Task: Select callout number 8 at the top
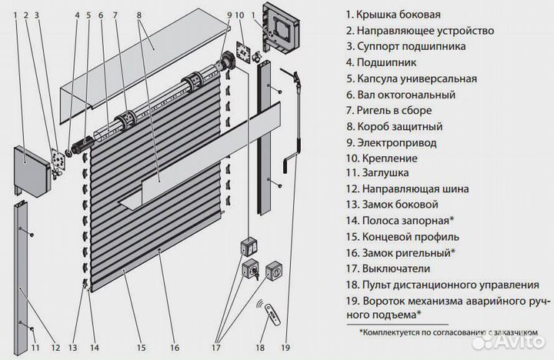[x=138, y=15]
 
